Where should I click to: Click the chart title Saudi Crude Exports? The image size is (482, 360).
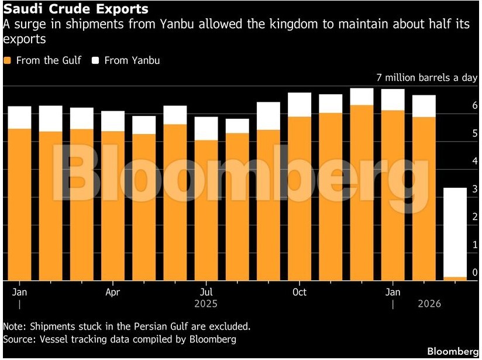point(75,9)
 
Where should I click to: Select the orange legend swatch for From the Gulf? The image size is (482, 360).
point(7,60)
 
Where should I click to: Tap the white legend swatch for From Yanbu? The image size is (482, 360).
point(95,60)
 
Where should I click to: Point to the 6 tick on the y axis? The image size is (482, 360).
point(474,105)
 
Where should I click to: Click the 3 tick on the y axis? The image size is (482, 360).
point(474,189)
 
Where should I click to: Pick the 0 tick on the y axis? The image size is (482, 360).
point(474,272)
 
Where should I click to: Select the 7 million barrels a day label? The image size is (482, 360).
point(427,78)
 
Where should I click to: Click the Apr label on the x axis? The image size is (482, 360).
point(113,292)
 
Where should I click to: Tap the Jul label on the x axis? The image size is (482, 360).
point(206,292)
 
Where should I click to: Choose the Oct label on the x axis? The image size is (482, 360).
point(299,292)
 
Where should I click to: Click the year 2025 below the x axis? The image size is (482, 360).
point(206,304)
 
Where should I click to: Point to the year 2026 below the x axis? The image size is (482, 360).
point(429,304)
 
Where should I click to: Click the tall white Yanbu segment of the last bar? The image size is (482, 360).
point(455,232)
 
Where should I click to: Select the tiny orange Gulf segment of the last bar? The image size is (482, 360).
point(455,277)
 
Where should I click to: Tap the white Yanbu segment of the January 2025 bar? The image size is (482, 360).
point(20,118)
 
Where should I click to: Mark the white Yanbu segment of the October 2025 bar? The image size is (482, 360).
point(299,105)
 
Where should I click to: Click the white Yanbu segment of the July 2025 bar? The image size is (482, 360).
point(206,129)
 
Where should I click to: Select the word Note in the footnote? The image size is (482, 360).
point(13,326)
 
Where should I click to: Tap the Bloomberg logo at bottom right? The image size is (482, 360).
point(452,351)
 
